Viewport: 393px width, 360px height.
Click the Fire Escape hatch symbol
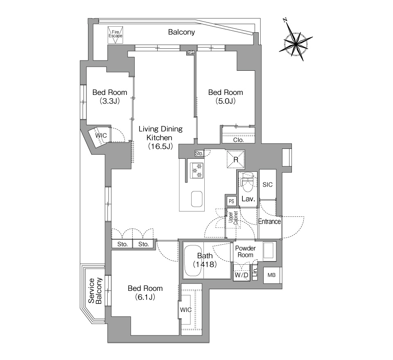click(x=115, y=34)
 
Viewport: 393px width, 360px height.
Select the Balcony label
click(x=181, y=32)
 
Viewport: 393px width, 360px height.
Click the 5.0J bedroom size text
click(x=226, y=101)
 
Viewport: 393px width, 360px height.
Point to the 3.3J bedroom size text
click(x=109, y=101)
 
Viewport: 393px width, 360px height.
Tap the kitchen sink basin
click(x=197, y=199)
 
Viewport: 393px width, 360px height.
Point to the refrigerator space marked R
click(x=236, y=159)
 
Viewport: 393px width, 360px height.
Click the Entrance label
click(x=269, y=222)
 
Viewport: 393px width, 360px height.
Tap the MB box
click(x=271, y=275)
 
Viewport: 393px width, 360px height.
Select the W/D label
click(x=241, y=276)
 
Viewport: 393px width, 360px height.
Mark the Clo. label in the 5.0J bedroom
click(x=238, y=139)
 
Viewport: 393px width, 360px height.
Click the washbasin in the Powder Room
click(x=269, y=250)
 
